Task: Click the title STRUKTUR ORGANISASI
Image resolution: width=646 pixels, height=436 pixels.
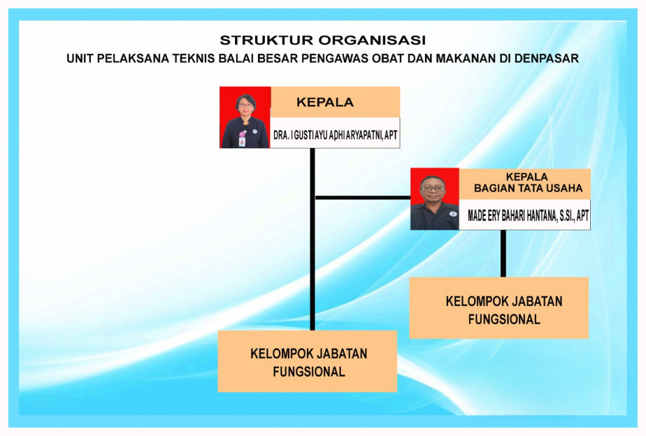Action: click(322, 40)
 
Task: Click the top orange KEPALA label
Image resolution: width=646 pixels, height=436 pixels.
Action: click(325, 102)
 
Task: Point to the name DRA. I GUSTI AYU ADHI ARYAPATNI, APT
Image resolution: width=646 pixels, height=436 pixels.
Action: click(336, 135)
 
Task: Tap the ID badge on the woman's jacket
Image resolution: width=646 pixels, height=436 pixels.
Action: click(242, 142)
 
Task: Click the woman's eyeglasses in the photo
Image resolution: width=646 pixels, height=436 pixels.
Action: click(245, 105)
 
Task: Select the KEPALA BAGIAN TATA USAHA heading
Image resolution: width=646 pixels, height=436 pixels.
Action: click(528, 182)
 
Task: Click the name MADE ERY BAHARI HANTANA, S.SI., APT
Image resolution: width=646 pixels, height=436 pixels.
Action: click(528, 215)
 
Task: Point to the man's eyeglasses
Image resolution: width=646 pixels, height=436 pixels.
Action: click(433, 189)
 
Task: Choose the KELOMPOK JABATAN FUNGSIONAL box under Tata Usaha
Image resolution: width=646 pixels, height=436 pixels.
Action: click(499, 308)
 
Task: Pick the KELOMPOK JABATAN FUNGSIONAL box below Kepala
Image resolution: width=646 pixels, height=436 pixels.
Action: click(308, 361)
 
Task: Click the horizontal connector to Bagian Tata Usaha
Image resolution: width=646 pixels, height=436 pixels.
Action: click(363, 198)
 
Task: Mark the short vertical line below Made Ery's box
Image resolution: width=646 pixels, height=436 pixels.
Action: click(503, 254)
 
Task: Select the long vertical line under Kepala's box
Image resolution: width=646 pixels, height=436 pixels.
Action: click(313, 239)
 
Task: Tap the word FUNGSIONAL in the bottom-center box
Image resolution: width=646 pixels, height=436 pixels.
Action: click(309, 372)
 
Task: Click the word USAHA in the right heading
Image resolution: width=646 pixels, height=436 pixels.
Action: click(564, 188)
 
